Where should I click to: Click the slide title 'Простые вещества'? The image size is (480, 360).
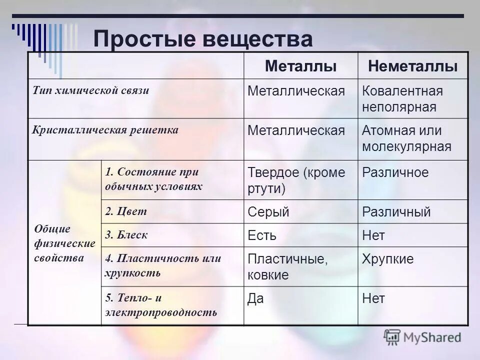point(203,39)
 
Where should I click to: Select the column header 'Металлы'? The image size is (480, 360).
point(300,66)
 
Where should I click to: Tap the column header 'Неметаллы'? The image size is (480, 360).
point(412,66)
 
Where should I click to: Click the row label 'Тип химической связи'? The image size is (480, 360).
point(91,91)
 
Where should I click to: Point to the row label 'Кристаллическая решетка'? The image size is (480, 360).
point(105,130)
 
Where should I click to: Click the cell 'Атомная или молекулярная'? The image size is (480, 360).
point(406,138)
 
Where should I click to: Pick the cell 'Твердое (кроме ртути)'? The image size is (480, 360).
point(296,180)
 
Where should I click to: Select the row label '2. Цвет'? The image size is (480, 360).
point(126,211)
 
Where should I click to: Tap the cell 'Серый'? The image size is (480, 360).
point(268,212)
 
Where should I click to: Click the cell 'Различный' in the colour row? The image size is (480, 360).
point(396,212)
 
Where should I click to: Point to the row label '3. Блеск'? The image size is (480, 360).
point(126,234)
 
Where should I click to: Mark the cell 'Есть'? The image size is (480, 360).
point(262,235)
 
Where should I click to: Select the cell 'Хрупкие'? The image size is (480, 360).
point(388,259)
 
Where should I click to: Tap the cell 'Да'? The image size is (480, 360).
point(256,299)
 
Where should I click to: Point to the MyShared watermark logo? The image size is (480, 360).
point(422,337)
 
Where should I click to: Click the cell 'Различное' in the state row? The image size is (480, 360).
point(395,173)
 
